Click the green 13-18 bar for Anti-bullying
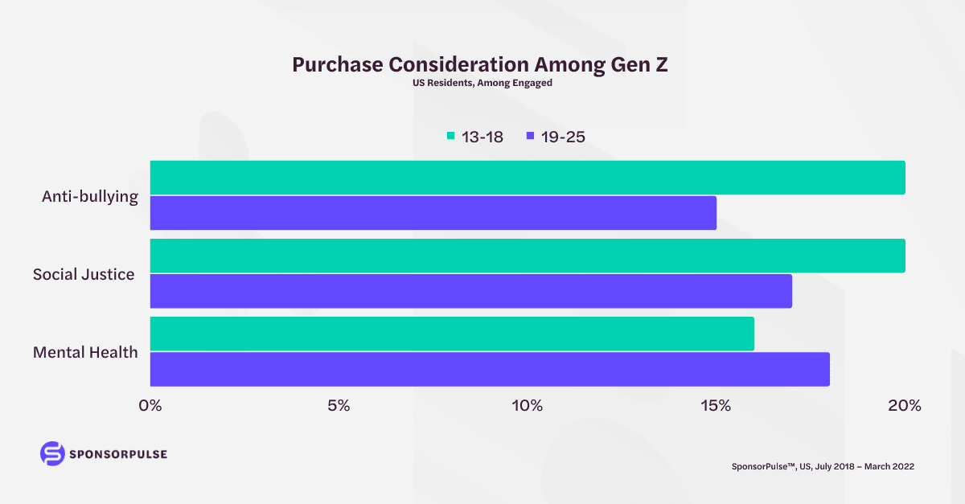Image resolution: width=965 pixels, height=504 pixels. (528, 178)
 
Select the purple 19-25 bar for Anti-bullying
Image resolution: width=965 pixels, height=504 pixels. (433, 213)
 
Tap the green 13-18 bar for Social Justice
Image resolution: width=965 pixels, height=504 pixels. (528, 256)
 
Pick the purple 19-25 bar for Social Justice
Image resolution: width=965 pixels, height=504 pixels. (470, 291)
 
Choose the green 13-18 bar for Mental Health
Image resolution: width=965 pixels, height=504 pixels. (452, 334)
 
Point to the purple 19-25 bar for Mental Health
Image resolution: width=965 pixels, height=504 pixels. (490, 369)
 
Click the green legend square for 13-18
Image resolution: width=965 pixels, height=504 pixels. (451, 137)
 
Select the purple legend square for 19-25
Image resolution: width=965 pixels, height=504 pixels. (530, 137)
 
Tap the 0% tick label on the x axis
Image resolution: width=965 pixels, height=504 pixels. (150, 406)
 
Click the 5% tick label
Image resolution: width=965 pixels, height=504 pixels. (339, 406)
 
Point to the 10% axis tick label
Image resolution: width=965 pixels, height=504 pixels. (528, 406)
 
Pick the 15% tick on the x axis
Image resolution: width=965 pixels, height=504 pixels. (716, 406)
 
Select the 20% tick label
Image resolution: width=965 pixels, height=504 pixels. (904, 406)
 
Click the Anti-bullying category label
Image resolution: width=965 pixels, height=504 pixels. (90, 196)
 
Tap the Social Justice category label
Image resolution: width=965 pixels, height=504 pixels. (84, 274)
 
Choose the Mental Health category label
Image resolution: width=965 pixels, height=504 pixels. (85, 352)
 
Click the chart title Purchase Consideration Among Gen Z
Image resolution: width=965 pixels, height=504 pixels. (480, 65)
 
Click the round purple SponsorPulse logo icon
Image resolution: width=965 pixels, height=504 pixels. (51, 453)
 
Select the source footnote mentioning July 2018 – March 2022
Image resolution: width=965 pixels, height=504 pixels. (823, 466)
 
